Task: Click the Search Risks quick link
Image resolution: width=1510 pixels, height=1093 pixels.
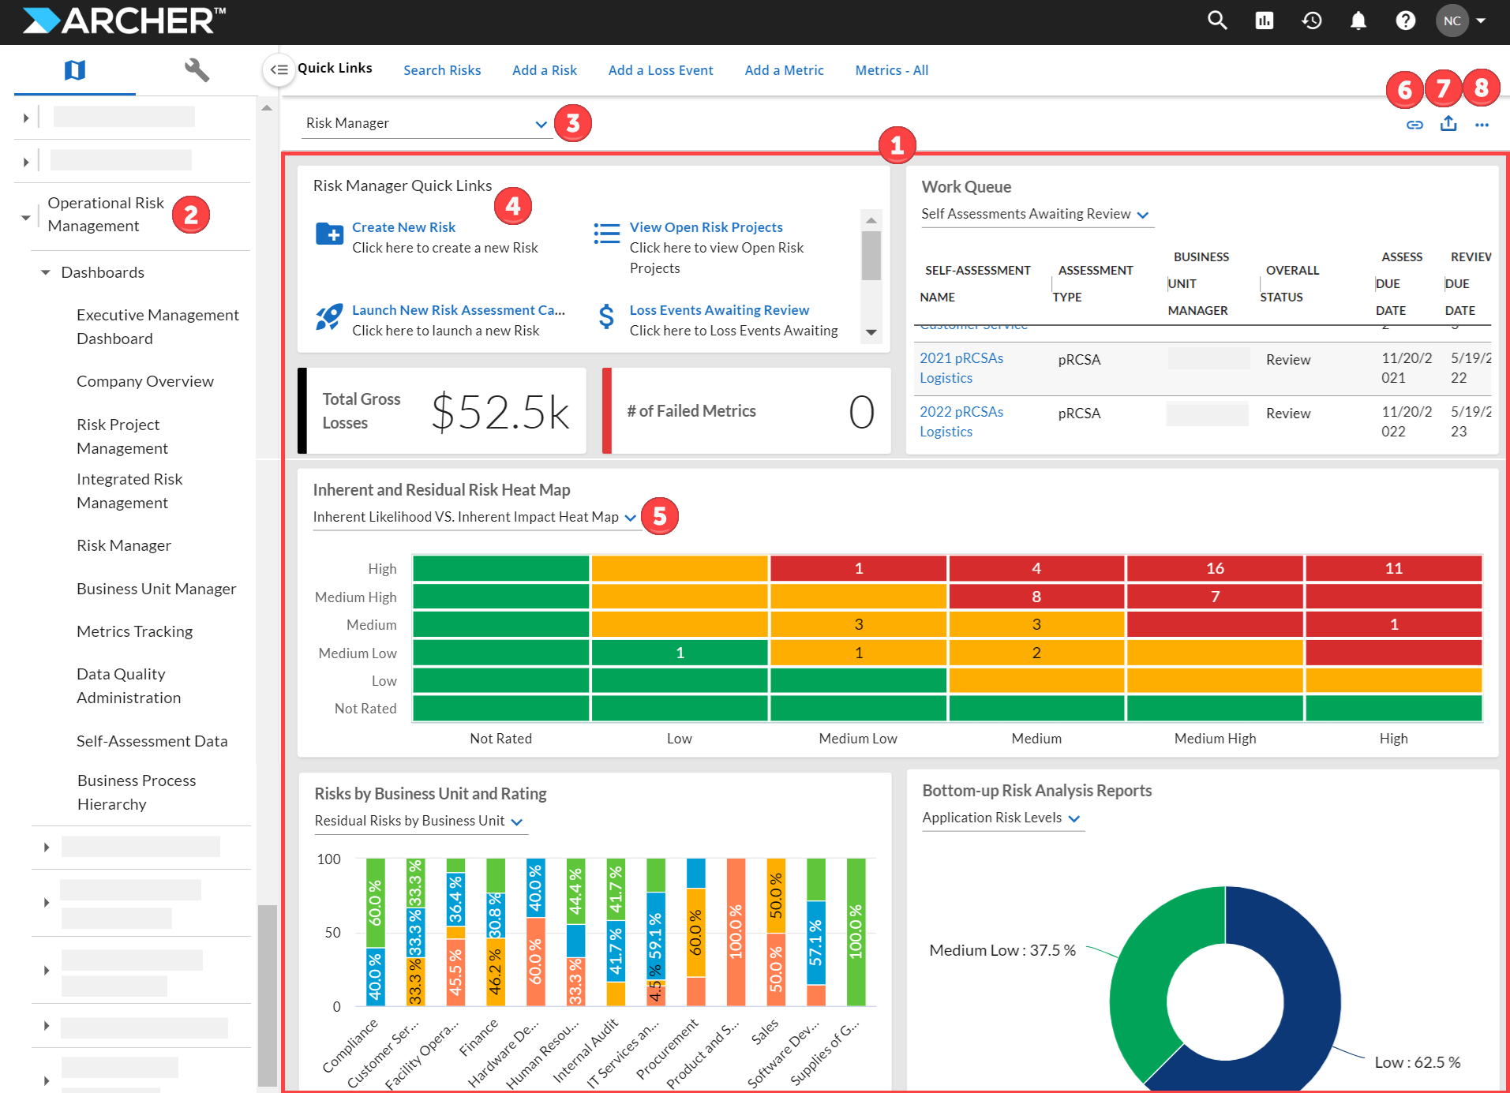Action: (x=442, y=70)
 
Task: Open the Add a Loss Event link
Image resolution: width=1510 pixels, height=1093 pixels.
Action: (x=660, y=70)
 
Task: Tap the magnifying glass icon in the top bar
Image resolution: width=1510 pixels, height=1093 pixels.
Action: (x=1216, y=21)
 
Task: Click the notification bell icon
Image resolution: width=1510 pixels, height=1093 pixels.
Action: (x=1358, y=21)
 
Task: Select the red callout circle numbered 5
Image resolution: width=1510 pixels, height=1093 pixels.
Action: (x=659, y=516)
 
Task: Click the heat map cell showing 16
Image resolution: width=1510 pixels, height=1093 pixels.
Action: (x=1215, y=568)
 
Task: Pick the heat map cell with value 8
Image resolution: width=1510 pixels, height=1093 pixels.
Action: (x=1036, y=597)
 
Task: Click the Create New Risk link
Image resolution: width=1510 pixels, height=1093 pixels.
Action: (x=403, y=227)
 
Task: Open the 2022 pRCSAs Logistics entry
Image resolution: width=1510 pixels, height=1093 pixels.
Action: (x=961, y=421)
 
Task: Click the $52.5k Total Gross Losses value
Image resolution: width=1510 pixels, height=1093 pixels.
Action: (x=500, y=412)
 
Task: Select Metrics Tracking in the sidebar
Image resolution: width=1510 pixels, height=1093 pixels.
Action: (x=134, y=631)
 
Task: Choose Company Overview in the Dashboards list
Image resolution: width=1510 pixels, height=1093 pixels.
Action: (x=144, y=381)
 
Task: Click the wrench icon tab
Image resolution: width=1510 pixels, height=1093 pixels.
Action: (x=196, y=70)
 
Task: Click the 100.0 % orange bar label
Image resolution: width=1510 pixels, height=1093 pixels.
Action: (x=736, y=931)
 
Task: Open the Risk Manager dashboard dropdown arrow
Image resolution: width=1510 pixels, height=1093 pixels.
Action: (x=541, y=124)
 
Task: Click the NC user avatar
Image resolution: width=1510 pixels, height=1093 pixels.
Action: (x=1452, y=21)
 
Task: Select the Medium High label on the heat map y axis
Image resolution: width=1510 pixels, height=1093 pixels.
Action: (x=355, y=597)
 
